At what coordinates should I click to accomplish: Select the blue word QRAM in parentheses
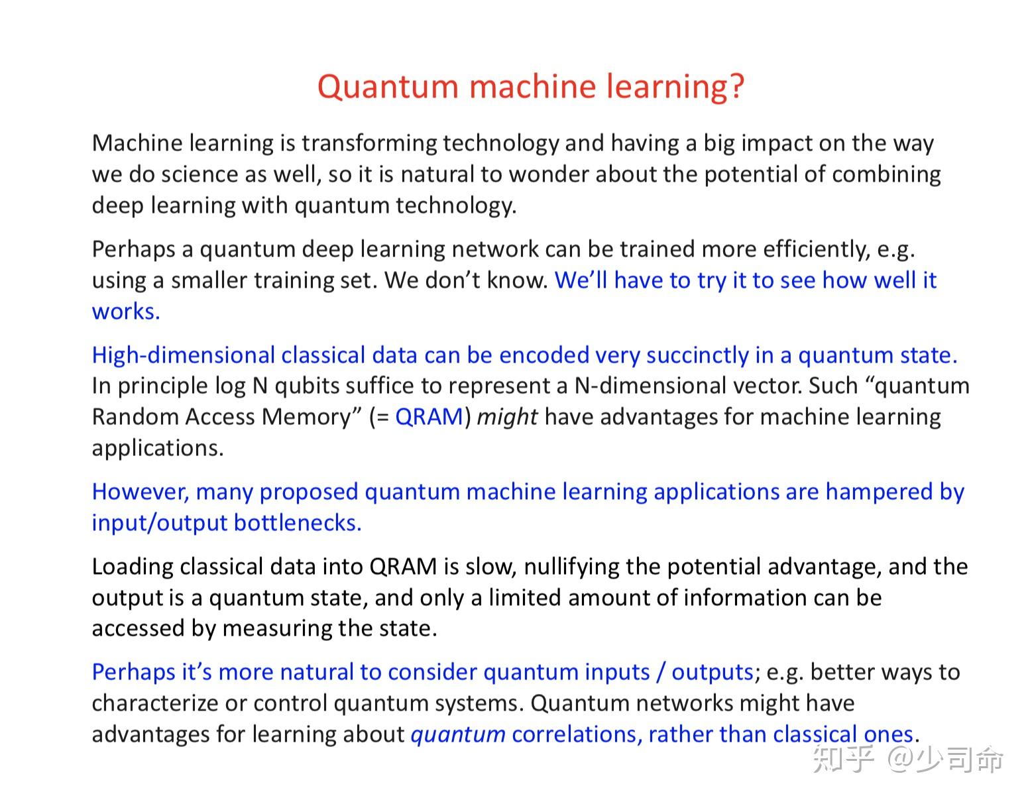429,417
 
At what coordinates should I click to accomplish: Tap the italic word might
507,417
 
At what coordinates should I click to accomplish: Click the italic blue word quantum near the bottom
458,734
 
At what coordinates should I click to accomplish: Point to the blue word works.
126,312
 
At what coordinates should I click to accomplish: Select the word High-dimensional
183,355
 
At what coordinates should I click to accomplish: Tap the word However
140,492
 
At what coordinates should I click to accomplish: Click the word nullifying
571,567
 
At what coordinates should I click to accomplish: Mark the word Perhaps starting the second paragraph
133,249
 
